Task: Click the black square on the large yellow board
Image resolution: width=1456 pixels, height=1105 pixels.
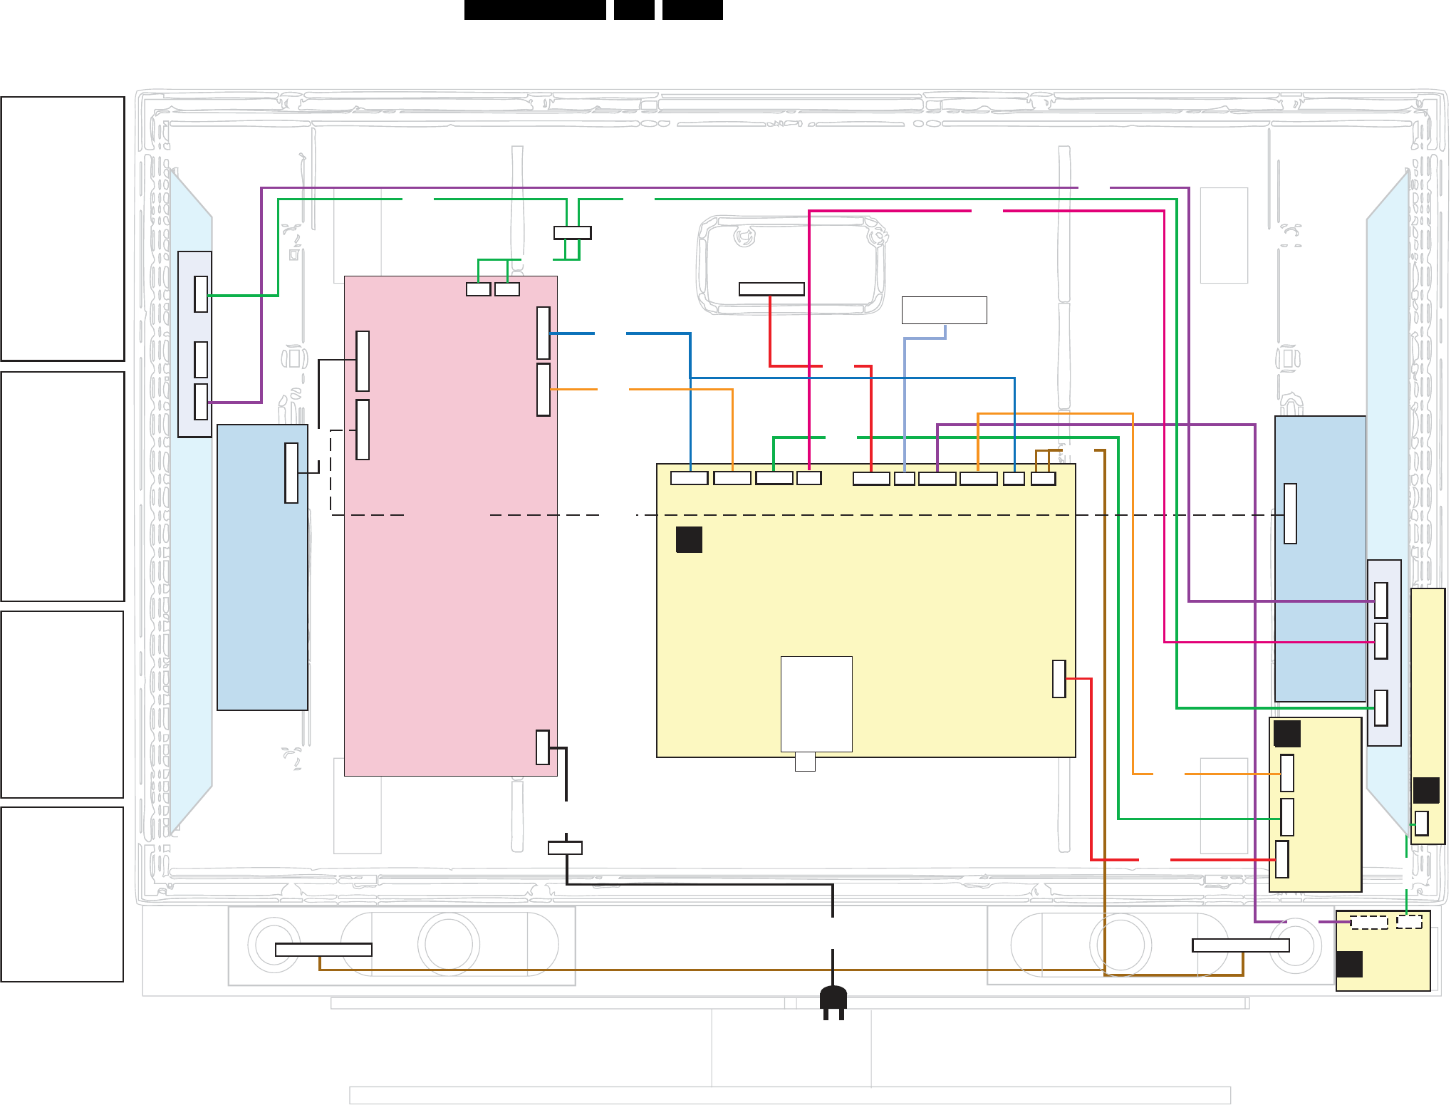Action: [x=689, y=539]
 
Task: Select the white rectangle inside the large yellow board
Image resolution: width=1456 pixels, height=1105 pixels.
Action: [x=816, y=703]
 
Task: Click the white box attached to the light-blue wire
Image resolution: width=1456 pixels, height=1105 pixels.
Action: [x=944, y=310]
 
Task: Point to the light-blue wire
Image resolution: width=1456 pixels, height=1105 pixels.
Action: [x=905, y=399]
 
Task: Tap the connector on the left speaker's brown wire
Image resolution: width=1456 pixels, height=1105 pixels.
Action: [x=323, y=950]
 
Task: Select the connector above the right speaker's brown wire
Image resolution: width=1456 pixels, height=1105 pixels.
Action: [x=1240, y=945]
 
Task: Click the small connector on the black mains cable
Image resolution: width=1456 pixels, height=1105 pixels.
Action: [x=565, y=848]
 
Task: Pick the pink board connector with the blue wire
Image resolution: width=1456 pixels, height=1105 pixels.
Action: [x=544, y=333]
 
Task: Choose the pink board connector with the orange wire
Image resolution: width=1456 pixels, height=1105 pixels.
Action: [x=544, y=390]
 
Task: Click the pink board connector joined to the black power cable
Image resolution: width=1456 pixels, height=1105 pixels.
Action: [x=543, y=747]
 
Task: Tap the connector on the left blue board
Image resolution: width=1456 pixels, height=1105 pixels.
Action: [x=291, y=473]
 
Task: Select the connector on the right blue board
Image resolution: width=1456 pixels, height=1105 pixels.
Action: [x=1290, y=514]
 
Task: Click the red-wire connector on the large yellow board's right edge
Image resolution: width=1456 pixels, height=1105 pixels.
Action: [x=1059, y=679]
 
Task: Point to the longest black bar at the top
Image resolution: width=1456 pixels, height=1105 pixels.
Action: [x=535, y=9]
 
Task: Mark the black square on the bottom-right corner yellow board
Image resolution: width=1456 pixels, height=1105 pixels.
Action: [x=1349, y=964]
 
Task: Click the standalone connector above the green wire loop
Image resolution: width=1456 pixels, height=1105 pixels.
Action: [x=572, y=232]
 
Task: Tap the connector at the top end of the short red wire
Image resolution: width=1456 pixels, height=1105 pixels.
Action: [x=771, y=289]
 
